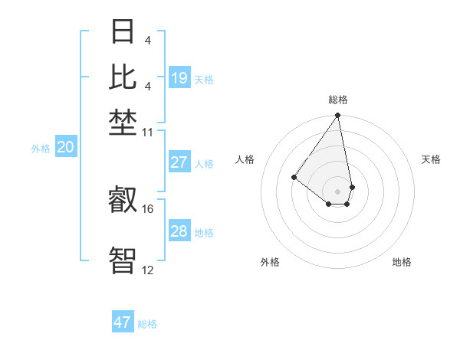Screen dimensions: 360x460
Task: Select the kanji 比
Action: point(124,77)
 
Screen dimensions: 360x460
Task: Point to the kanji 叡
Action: point(124,201)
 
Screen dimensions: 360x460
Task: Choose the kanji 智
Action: point(124,259)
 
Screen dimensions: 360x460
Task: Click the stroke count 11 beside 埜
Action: point(148,133)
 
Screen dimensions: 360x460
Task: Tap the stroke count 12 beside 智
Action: point(148,269)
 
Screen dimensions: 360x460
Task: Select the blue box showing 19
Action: point(179,78)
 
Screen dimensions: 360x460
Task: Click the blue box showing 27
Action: point(179,162)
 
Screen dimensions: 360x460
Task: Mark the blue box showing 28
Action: point(179,231)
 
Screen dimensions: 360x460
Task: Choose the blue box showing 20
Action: point(65,148)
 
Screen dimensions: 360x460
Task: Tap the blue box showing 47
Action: point(123,322)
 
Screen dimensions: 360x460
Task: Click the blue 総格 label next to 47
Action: point(147,324)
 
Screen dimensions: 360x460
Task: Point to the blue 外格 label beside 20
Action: point(40,149)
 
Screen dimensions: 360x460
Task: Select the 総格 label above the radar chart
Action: point(337,100)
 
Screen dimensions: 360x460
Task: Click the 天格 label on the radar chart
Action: point(431,159)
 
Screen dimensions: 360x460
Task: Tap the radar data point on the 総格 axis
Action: point(337,116)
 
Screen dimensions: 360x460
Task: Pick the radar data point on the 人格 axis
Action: point(294,177)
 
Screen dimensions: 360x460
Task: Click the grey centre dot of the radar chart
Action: point(337,191)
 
